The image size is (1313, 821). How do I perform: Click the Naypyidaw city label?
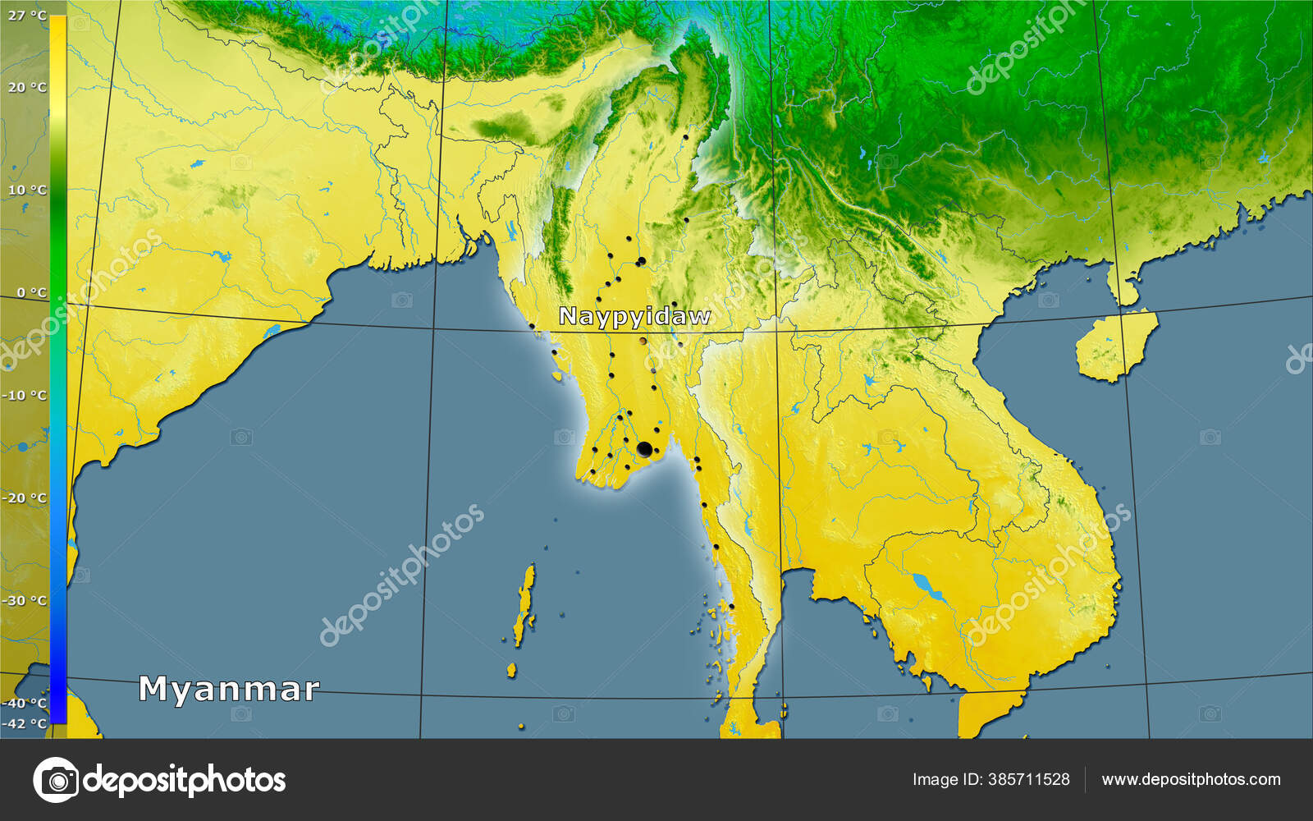634,316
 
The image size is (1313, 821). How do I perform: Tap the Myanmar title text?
228,689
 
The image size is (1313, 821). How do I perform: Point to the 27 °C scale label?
27,16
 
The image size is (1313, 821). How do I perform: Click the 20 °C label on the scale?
27,87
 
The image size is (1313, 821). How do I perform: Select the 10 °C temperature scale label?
27,190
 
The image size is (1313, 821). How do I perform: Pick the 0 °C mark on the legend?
31,292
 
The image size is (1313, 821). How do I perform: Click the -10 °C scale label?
25,395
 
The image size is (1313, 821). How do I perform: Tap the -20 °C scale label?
25,498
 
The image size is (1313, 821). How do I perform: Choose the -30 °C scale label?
25,600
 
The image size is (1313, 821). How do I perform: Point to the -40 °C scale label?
25,703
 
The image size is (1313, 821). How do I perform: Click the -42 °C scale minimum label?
25,723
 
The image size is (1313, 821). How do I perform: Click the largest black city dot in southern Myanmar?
644,449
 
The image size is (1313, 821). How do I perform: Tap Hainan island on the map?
1116,346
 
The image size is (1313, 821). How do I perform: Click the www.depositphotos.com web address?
1191,779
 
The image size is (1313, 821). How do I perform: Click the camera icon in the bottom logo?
56,779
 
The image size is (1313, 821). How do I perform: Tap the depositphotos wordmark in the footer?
185,779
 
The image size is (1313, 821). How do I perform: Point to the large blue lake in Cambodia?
924,585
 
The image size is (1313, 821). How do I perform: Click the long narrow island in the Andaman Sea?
524,606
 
